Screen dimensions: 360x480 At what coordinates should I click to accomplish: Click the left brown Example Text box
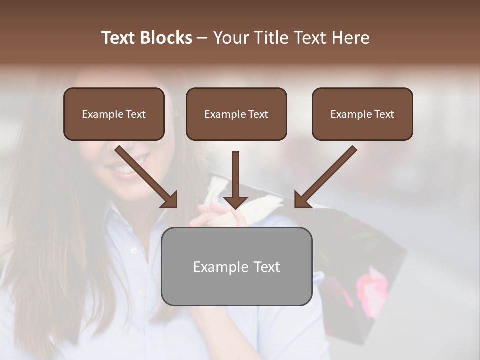point(114,114)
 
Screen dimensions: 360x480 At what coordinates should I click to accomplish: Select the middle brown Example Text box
point(236,114)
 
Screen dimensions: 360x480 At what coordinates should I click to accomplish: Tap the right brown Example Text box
point(362,114)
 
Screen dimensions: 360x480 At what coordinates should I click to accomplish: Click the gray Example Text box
point(236,267)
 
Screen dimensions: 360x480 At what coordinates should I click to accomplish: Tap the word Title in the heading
point(271,38)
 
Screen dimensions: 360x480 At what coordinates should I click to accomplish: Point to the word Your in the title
point(231,38)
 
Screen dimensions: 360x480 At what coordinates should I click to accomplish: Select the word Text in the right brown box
point(384,114)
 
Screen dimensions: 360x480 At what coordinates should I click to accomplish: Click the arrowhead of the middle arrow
point(235,201)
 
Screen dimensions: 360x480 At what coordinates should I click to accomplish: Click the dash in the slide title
point(203,38)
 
